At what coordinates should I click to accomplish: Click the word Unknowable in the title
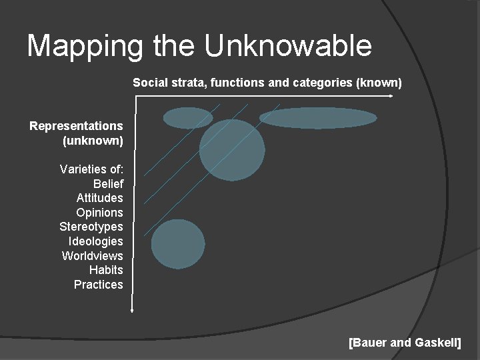288,46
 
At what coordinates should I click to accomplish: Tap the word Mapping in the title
85,46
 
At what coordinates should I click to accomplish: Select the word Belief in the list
108,183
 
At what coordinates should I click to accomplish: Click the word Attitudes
100,198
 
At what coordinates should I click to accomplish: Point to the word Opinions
100,213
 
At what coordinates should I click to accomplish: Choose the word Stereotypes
91,227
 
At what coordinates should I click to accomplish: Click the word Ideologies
96,241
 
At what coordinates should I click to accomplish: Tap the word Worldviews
93,256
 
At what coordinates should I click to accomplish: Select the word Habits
106,270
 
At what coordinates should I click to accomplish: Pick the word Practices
99,285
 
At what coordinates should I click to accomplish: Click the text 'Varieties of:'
91,169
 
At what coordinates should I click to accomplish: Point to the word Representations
76,125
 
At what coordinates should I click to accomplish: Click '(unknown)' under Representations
93,140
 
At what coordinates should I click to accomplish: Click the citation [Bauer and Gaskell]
405,343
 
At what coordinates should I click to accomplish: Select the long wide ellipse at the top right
318,117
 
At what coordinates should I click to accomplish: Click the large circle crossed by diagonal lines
232,150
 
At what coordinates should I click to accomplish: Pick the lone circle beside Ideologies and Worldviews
178,244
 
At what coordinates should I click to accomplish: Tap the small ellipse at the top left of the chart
188,118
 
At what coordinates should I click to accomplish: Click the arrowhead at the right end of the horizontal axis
391,96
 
